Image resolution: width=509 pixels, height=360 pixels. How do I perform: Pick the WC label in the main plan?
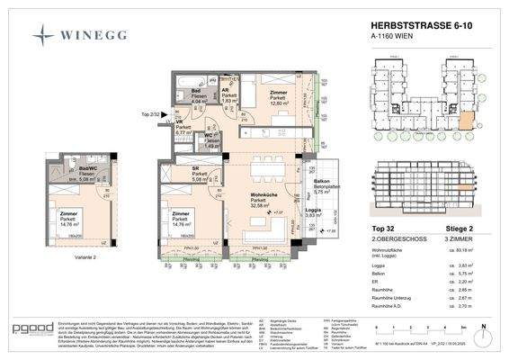coord(208,135)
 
